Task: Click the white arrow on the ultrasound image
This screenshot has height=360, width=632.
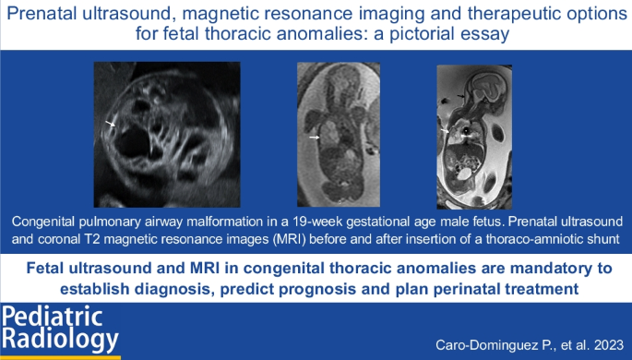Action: (x=110, y=124)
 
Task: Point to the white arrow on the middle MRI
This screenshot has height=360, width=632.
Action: (x=314, y=138)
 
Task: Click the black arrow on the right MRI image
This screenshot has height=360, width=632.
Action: (x=459, y=96)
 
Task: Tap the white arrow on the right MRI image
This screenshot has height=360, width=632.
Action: (x=445, y=131)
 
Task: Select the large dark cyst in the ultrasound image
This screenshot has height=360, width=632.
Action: (x=134, y=141)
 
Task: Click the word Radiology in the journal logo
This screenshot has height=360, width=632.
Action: (x=61, y=339)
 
